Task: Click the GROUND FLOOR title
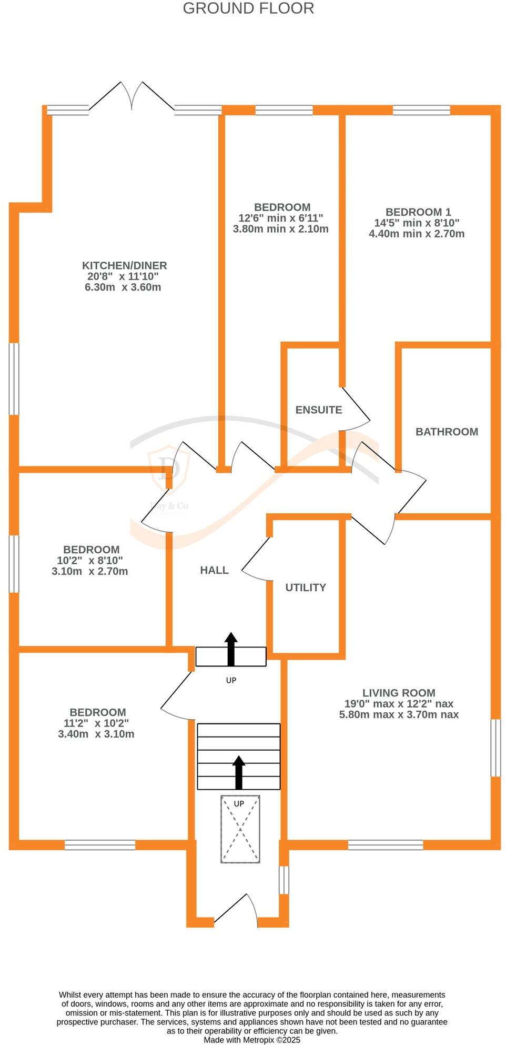(248, 8)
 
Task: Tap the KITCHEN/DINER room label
(124, 265)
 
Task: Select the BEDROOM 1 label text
(418, 212)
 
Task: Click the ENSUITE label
(319, 410)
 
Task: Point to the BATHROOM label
(447, 432)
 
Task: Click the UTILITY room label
(306, 588)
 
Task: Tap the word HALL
(214, 570)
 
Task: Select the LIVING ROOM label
(399, 693)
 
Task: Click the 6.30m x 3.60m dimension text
(123, 287)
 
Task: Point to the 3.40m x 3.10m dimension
(96, 734)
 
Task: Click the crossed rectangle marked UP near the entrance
(240, 829)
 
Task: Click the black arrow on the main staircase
(239, 772)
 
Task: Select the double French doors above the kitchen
(131, 97)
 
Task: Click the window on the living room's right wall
(495, 748)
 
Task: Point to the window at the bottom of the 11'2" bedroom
(100, 845)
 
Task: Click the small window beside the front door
(284, 880)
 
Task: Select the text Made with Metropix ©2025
(252, 1040)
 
